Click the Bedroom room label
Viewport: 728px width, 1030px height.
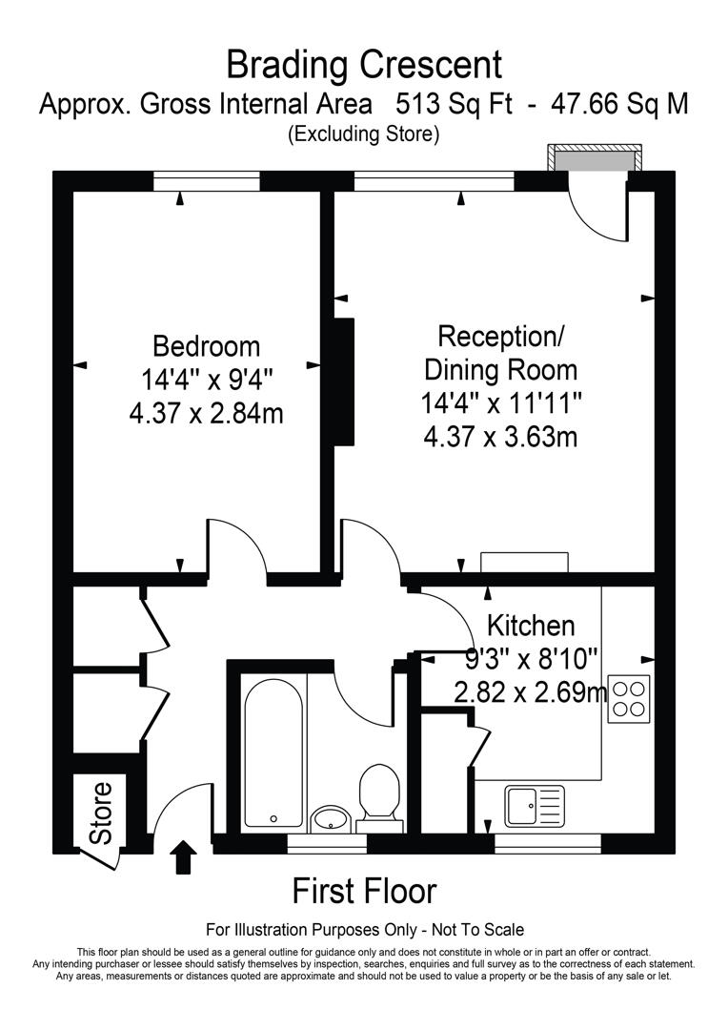207,345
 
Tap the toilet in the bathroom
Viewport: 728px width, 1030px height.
378,793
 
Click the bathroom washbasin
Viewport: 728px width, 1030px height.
331,817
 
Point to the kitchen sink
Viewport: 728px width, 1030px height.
535,806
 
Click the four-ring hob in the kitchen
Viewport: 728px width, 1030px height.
628,695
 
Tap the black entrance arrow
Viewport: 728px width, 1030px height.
184,856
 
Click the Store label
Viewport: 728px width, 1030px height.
100,813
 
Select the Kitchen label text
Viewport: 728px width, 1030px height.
531,626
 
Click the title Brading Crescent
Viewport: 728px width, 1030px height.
363,65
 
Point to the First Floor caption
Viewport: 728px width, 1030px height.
364,891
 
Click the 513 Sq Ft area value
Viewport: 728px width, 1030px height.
454,103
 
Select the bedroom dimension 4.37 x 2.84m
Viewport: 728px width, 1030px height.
207,413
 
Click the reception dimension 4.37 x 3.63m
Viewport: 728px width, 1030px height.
501,436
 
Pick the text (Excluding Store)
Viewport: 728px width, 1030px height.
363,134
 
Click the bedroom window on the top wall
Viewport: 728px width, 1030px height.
207,178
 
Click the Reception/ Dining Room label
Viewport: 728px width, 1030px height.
501,352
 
